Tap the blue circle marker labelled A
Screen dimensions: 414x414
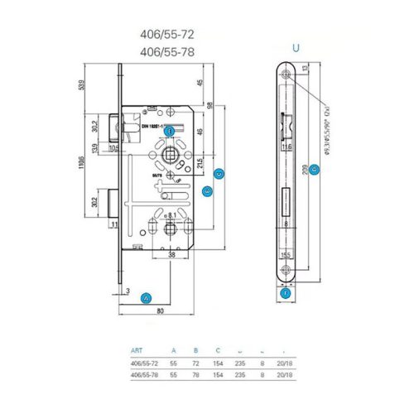click(x=147, y=297)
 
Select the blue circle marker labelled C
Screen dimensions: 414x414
click(x=219, y=174)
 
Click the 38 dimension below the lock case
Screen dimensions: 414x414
click(x=169, y=257)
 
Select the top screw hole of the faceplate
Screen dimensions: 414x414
click(x=286, y=75)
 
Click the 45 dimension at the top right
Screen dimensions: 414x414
click(x=200, y=83)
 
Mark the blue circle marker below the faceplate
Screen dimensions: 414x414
click(x=286, y=292)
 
